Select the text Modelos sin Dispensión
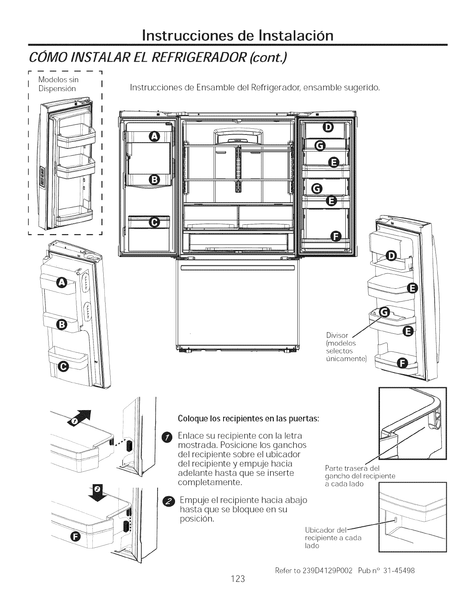58,84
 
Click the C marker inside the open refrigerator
154,222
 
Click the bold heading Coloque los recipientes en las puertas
248,419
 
